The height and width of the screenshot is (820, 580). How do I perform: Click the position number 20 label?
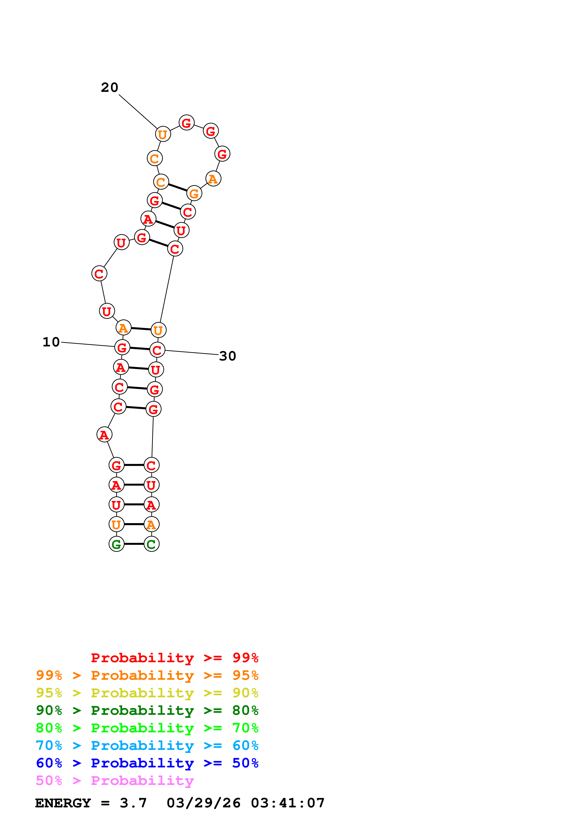(x=109, y=87)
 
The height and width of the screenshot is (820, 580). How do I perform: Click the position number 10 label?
(x=51, y=342)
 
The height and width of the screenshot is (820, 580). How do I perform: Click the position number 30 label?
(x=228, y=356)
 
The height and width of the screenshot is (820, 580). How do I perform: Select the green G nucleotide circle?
(x=117, y=544)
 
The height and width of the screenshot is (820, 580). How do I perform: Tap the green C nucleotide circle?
(x=152, y=544)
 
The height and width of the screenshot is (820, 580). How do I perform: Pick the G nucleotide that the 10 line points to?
(x=122, y=347)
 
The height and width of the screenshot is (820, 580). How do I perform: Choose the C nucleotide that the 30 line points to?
(x=157, y=350)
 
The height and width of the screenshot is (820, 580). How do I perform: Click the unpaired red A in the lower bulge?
(x=104, y=435)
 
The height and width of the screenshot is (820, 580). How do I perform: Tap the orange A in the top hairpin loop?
(x=213, y=179)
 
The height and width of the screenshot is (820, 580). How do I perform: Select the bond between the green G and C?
(x=134, y=544)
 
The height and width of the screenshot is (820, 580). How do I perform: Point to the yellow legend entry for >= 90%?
(x=147, y=693)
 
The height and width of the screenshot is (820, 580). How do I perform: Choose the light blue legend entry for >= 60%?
(x=147, y=745)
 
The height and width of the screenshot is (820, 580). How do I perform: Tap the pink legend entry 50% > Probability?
(x=115, y=780)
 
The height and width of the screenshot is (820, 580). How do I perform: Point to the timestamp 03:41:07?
(x=288, y=803)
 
